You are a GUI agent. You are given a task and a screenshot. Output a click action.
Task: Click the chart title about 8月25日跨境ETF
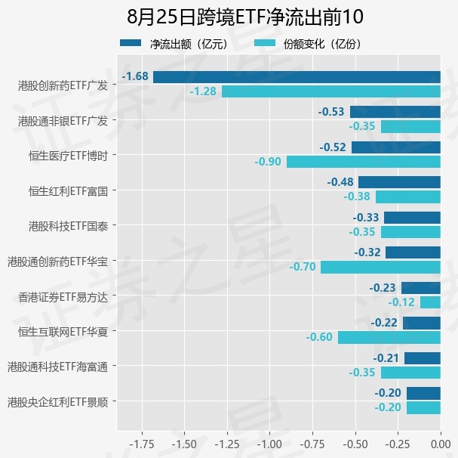pyautogui.click(x=244, y=17)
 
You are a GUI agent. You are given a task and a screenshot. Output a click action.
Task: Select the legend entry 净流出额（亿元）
pyautogui.click(x=174, y=44)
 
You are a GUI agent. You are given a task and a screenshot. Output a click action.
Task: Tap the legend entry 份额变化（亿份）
pyautogui.click(x=308, y=44)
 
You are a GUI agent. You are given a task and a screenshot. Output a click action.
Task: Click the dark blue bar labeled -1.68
pyautogui.click(x=297, y=77)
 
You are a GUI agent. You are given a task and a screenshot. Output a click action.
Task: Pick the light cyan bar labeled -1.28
pyautogui.click(x=331, y=91)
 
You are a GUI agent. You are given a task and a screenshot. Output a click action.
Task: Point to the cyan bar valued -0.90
pyautogui.click(x=364, y=162)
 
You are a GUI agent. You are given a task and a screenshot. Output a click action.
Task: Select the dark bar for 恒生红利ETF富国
pyautogui.click(x=399, y=182)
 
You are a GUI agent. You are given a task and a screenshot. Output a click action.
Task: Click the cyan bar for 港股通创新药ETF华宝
pyautogui.click(x=380, y=268)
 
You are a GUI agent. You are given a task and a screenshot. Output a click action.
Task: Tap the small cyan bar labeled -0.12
pyautogui.click(x=430, y=302)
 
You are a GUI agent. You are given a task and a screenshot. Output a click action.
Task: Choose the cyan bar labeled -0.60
pyautogui.click(x=389, y=337)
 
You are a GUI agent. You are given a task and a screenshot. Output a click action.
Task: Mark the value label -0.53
pyautogui.click(x=331, y=112)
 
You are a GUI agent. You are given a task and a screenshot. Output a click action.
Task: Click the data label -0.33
pyautogui.click(x=366, y=218)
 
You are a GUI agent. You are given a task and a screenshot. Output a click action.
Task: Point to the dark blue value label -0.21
pyautogui.click(x=386, y=358)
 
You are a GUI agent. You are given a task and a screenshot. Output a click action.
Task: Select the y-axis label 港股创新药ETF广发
pyautogui.click(x=63, y=85)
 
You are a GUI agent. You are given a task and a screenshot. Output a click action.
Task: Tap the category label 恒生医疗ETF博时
pyautogui.click(x=69, y=156)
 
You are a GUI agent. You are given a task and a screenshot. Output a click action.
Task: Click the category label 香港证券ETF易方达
pyautogui.click(x=63, y=297)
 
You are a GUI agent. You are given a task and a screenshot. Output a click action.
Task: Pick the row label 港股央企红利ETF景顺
pyautogui.click(x=57, y=402)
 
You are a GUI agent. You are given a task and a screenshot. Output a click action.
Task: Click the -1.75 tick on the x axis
pyautogui.click(x=142, y=444)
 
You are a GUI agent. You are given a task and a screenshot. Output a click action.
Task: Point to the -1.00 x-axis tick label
pyautogui.click(x=269, y=444)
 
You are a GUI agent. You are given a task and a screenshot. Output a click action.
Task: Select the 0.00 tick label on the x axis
pyautogui.click(x=441, y=444)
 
